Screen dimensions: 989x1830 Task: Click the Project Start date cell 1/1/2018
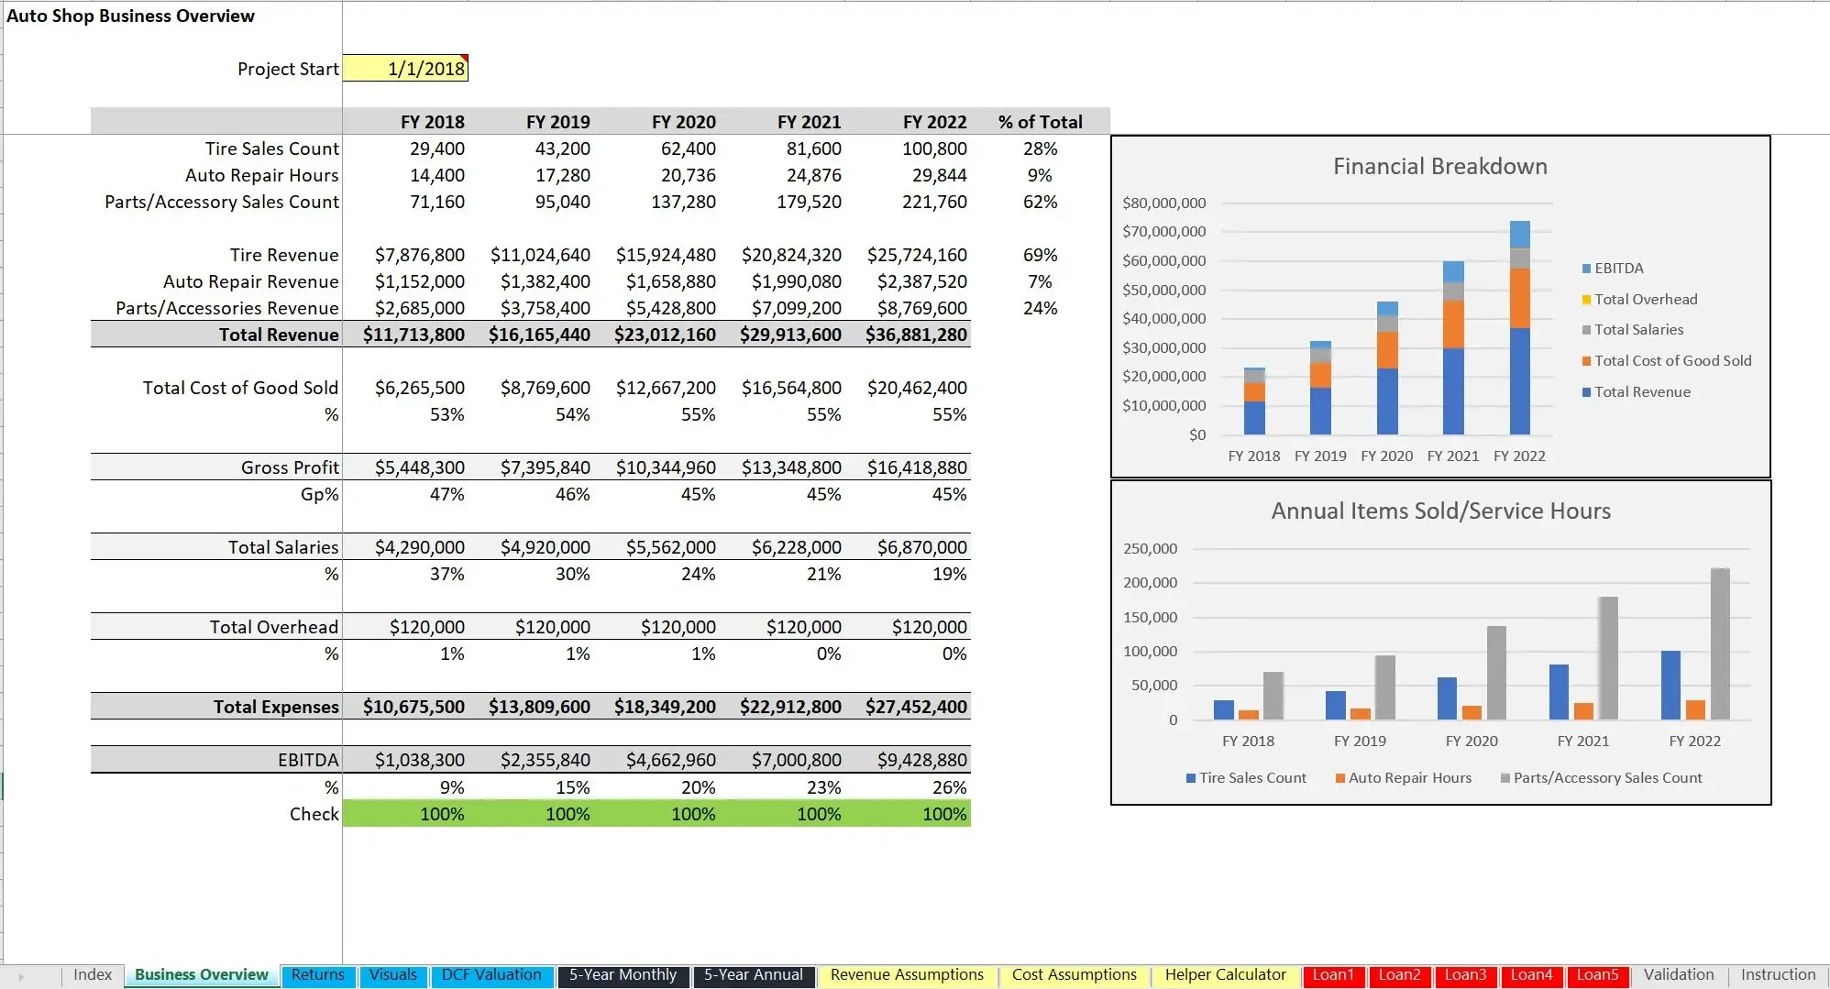[x=405, y=69]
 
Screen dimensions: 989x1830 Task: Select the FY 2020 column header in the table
[x=683, y=122]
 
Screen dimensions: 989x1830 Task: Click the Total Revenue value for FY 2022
[x=916, y=335]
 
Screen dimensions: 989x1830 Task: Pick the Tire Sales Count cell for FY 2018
[x=436, y=148]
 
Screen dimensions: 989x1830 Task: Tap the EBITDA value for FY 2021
[x=796, y=760]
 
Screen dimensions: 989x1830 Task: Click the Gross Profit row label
[x=290, y=467]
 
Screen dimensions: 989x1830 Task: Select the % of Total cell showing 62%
[x=1040, y=202]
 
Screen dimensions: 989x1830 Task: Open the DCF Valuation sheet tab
[x=491, y=975]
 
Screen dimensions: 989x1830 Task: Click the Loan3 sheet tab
[x=1465, y=975]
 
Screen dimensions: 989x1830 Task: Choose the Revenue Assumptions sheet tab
[x=907, y=975]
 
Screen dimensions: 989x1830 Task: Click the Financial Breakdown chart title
[x=1439, y=166]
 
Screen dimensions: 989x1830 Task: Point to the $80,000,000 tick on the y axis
[x=1163, y=203]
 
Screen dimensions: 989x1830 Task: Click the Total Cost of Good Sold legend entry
[x=1672, y=361]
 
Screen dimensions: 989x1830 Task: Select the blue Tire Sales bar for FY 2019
[x=1336, y=705]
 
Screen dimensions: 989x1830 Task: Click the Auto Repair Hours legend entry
[x=1409, y=778]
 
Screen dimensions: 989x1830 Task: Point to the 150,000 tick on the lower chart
[x=1150, y=617]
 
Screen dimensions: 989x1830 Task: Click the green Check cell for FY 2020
[x=692, y=814]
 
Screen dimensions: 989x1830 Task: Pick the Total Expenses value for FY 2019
[x=539, y=707]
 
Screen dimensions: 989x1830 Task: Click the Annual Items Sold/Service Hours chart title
[x=1440, y=511]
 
